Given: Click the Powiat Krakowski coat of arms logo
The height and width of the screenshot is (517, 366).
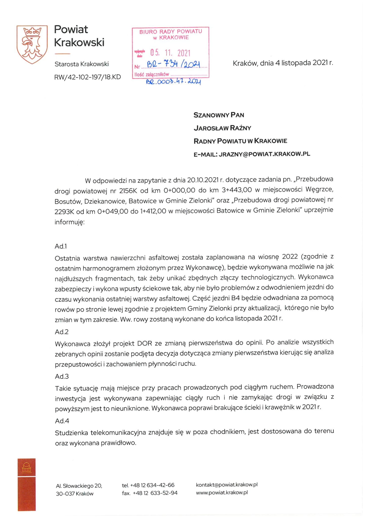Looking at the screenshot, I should pyautogui.click(x=32, y=44).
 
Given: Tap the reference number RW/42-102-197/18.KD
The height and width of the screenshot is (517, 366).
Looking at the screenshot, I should pyautogui.click(x=88, y=77).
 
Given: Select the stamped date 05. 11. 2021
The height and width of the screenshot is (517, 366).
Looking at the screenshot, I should pyautogui.click(x=170, y=53).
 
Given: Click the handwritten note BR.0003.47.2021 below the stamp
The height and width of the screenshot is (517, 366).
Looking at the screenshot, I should pyautogui.click(x=174, y=82).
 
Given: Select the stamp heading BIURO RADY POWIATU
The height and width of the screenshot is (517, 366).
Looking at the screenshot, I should pyautogui.click(x=171, y=32).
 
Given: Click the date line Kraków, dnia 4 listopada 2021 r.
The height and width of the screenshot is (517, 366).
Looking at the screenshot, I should pyautogui.click(x=283, y=63).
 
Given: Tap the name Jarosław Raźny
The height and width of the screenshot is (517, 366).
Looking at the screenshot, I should pyautogui.click(x=222, y=128).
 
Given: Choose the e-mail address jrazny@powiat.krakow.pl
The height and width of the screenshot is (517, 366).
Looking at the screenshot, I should pyautogui.click(x=264, y=154).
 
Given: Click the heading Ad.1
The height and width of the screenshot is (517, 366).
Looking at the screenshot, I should pyautogui.click(x=61, y=246).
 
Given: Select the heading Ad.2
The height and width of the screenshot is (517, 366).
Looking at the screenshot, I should pyautogui.click(x=62, y=332).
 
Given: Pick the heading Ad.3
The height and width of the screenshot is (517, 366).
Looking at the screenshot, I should pyautogui.click(x=62, y=376).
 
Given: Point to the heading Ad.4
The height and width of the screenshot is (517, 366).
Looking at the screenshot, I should pyautogui.click(x=62, y=421).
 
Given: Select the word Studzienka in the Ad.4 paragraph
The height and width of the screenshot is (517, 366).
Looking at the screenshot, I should pyautogui.click(x=71, y=433).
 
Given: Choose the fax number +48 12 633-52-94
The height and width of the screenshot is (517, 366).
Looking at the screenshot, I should pyautogui.click(x=155, y=493).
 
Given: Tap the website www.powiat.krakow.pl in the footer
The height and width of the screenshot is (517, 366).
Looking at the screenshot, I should pyautogui.click(x=222, y=492).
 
